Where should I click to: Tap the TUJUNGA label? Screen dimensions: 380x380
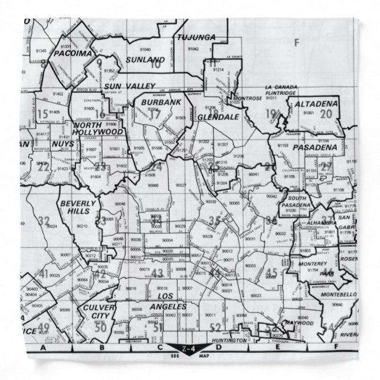[197, 37]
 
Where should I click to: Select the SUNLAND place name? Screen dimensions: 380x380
[145, 60]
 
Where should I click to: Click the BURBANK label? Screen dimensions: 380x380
[160, 103]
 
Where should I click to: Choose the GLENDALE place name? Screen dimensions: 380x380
[218, 117]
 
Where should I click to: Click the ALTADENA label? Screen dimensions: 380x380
[316, 104]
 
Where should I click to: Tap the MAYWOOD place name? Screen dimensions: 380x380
[298, 323]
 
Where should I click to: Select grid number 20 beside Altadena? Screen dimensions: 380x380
[326, 114]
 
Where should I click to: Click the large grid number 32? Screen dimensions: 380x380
[44, 221]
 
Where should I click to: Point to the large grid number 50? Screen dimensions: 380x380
[101, 328]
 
